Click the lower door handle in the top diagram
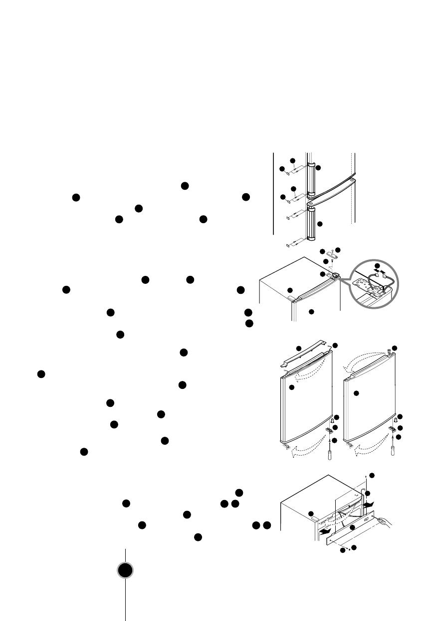click(x=312, y=224)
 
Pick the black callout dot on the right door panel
click(x=356, y=393)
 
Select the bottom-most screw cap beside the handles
click(x=290, y=245)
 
